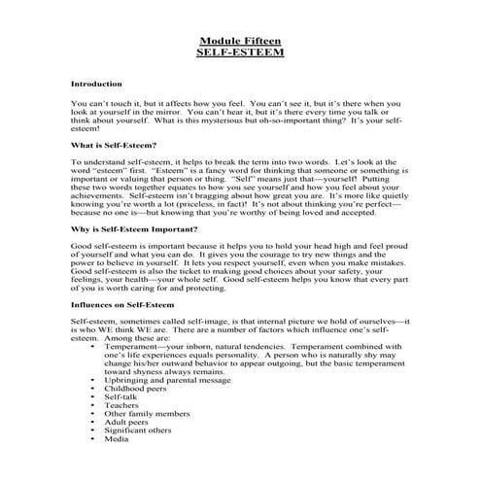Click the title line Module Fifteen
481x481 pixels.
point(239,40)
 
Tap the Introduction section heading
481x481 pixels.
point(96,85)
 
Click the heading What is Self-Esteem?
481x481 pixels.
point(115,145)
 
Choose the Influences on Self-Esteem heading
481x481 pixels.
point(123,304)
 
